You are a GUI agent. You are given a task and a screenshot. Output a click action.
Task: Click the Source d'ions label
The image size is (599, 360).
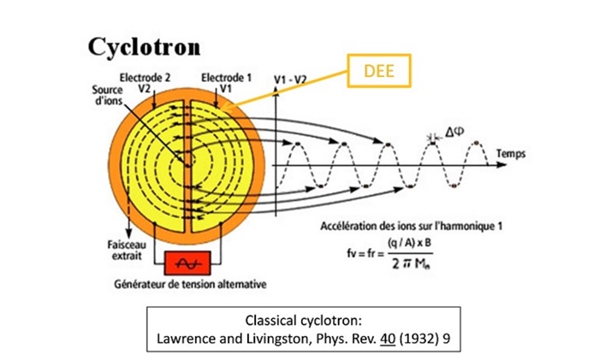[106, 95]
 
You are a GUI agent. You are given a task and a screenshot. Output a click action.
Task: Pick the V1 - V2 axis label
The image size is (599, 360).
[290, 80]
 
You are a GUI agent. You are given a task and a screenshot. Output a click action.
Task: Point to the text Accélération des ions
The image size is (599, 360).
[368, 226]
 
